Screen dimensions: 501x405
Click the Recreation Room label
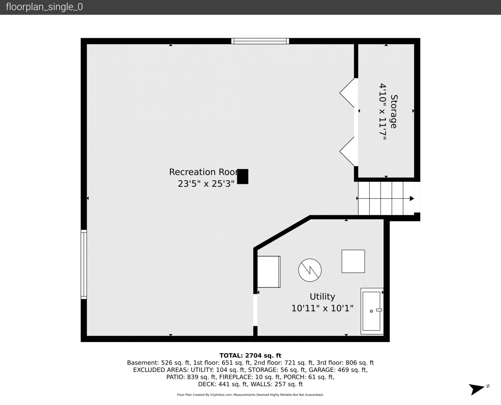click(x=204, y=172)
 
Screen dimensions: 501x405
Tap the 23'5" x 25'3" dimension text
click(x=206, y=184)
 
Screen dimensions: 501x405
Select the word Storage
click(x=394, y=111)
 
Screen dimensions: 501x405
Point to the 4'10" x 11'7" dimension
click(x=383, y=112)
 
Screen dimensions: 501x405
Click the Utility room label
click(x=322, y=297)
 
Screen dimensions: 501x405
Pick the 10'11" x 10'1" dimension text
click(x=322, y=308)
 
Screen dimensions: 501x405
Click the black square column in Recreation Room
click(x=242, y=177)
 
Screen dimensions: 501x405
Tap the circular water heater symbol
click(x=310, y=270)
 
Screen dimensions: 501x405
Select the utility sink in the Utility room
click(x=372, y=311)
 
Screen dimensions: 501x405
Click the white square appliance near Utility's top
click(x=353, y=261)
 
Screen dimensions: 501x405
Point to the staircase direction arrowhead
click(x=412, y=199)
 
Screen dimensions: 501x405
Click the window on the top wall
click(x=260, y=41)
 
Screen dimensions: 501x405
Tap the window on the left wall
click(x=84, y=264)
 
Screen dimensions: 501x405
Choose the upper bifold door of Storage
click(x=347, y=93)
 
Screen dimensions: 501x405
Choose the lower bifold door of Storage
click(x=347, y=151)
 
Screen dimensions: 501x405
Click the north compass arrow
click(x=476, y=389)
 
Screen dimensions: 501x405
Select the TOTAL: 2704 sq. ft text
click(x=250, y=355)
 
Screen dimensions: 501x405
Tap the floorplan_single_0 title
click(x=44, y=7)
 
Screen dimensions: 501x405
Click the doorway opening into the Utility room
click(x=256, y=310)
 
